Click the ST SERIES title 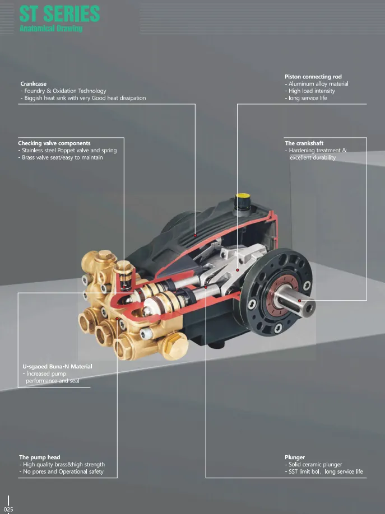(59, 14)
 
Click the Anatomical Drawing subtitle (51, 29)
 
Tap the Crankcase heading (33, 84)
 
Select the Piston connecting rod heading (313, 77)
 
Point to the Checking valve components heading (54, 143)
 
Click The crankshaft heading (304, 143)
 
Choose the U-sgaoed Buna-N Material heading (57, 367)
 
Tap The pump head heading (40, 457)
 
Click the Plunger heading (295, 457)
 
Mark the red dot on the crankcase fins (195, 235)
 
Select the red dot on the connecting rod (237, 270)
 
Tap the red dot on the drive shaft (299, 301)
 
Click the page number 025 (8, 510)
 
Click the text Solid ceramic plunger (315, 465)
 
